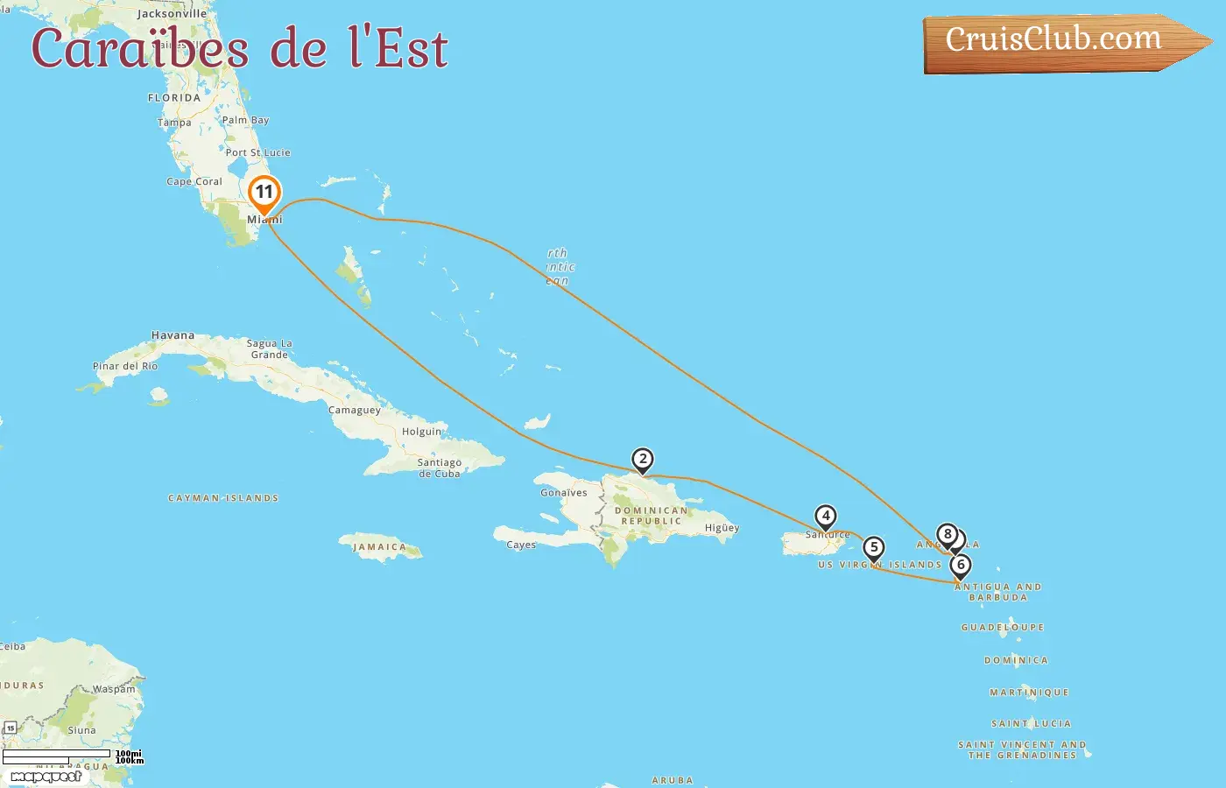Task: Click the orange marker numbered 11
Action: [x=264, y=193]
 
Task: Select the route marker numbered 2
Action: [x=643, y=460]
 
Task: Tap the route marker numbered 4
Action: [x=825, y=517]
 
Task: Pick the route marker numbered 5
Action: [x=873, y=548]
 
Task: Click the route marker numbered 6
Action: [x=961, y=566]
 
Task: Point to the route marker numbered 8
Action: [x=947, y=534]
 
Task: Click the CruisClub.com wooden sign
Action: [x=1054, y=40]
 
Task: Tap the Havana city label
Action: [x=173, y=335]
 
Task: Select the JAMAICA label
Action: [x=379, y=547]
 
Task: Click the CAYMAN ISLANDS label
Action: [x=223, y=498]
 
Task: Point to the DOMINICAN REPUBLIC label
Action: [x=652, y=516]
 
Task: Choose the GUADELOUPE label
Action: [x=1003, y=628]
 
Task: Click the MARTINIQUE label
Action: [x=1029, y=693]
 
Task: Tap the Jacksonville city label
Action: [x=172, y=14]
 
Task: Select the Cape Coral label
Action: [x=194, y=182]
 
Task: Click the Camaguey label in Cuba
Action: [x=355, y=410]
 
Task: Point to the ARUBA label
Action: [x=673, y=780]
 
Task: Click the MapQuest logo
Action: [x=46, y=777]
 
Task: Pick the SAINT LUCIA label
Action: [x=1031, y=724]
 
